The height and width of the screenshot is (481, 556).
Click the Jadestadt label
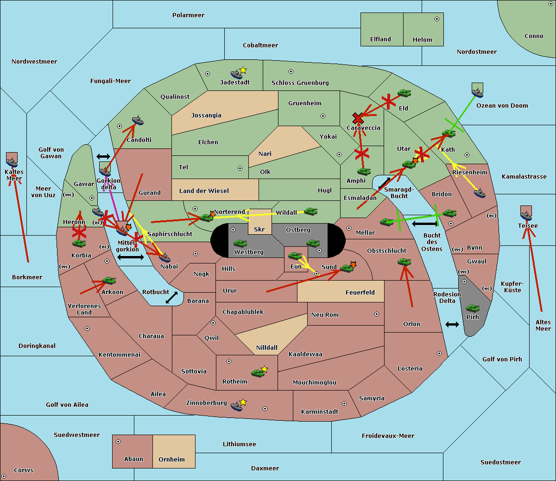[x=235, y=83]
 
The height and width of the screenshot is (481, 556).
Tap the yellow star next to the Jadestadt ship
[x=243, y=71]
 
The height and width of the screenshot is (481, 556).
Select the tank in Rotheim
[x=258, y=373]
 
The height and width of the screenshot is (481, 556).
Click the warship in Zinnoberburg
[x=236, y=406]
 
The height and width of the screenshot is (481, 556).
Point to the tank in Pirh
[x=473, y=308]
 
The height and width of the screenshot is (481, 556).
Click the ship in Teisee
[x=526, y=216]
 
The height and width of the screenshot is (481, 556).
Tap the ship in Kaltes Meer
[x=12, y=162]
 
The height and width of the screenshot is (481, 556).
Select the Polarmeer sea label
[x=188, y=15]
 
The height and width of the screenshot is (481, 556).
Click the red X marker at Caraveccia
[x=358, y=118]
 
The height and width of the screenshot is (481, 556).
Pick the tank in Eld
[x=404, y=93]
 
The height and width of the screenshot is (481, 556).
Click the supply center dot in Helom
[x=437, y=19]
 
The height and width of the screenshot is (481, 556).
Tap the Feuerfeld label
[x=360, y=292]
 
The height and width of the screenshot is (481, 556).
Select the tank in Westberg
[x=240, y=244]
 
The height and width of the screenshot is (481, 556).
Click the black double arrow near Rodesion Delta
[x=452, y=325]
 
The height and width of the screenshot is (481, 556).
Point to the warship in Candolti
[x=138, y=121]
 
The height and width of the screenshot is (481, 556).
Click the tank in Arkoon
[x=109, y=281]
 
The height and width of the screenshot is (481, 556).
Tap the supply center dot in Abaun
[x=118, y=442]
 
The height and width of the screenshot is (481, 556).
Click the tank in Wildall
[x=311, y=212]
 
